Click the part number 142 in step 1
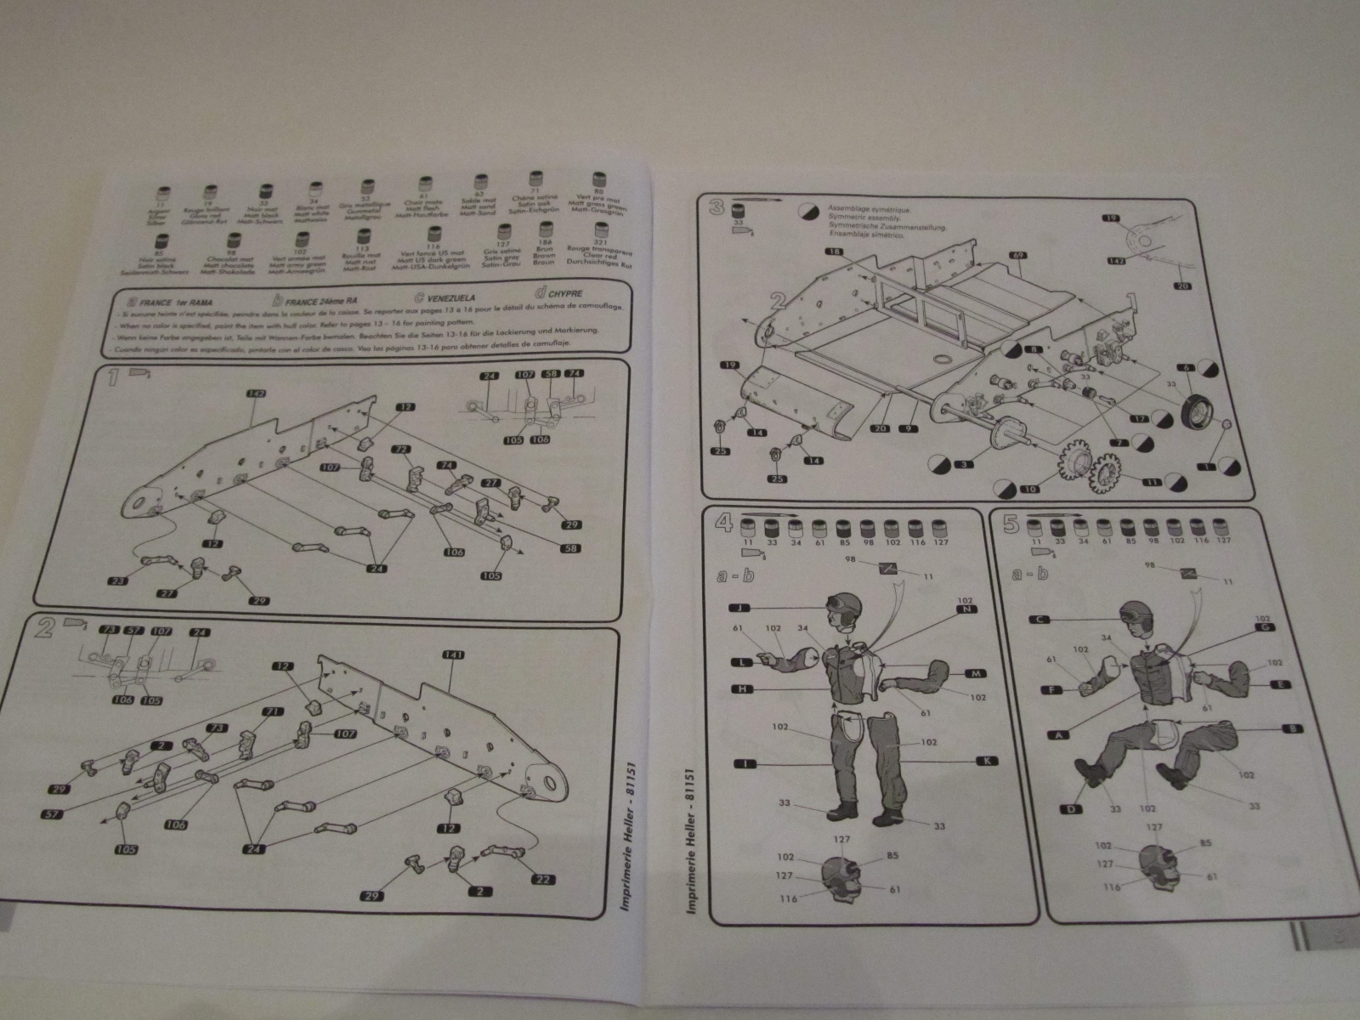pyautogui.click(x=254, y=394)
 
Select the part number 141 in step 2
pyautogui.click(x=450, y=655)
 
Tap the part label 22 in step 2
pyautogui.click(x=541, y=879)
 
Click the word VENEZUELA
pyautogui.click(x=450, y=298)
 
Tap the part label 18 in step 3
pyautogui.click(x=835, y=252)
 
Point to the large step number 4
pyautogui.click(x=723, y=524)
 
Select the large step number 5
pyautogui.click(x=1011, y=524)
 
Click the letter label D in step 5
pyautogui.click(x=1073, y=809)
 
